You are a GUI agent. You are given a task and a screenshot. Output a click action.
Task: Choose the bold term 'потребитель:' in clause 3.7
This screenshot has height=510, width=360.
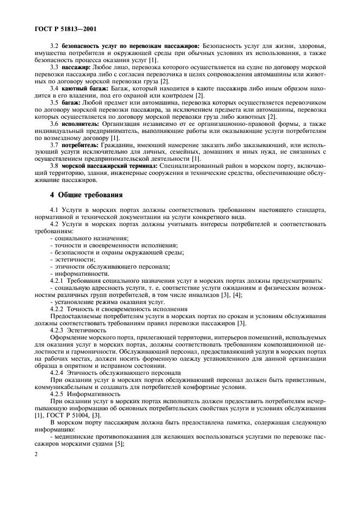(78, 146)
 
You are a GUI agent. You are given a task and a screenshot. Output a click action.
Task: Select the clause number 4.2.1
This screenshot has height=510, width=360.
(58, 281)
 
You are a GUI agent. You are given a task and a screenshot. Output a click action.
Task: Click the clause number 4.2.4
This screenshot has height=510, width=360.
(58, 373)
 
